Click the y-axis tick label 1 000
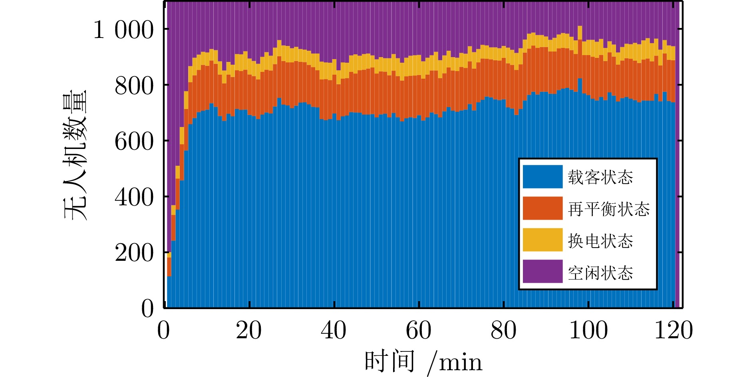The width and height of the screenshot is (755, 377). click(x=123, y=30)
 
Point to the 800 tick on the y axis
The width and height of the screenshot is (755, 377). click(x=134, y=86)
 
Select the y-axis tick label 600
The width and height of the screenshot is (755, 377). click(x=134, y=142)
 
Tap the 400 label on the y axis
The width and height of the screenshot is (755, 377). click(x=134, y=197)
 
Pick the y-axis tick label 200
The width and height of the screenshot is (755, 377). click(x=134, y=253)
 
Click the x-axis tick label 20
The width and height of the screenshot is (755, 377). click(x=249, y=331)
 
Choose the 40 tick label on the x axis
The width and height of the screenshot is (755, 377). click(x=334, y=331)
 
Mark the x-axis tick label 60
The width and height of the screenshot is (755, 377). click(x=419, y=331)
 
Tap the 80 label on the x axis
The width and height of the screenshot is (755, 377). click(x=504, y=331)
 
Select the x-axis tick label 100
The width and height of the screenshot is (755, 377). click(x=588, y=331)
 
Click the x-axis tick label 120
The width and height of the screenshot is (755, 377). click(x=674, y=331)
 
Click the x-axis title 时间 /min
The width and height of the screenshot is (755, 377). click(x=423, y=362)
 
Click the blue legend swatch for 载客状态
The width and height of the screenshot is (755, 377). click(x=542, y=177)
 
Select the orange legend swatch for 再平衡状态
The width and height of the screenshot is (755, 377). click(x=542, y=208)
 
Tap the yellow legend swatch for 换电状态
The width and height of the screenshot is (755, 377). click(x=542, y=240)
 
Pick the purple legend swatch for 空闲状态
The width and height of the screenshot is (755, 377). click(x=542, y=272)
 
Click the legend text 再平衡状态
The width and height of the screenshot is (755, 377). click(x=609, y=209)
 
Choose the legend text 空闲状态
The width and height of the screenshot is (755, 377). click(x=600, y=273)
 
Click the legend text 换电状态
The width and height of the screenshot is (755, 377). click(x=600, y=241)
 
